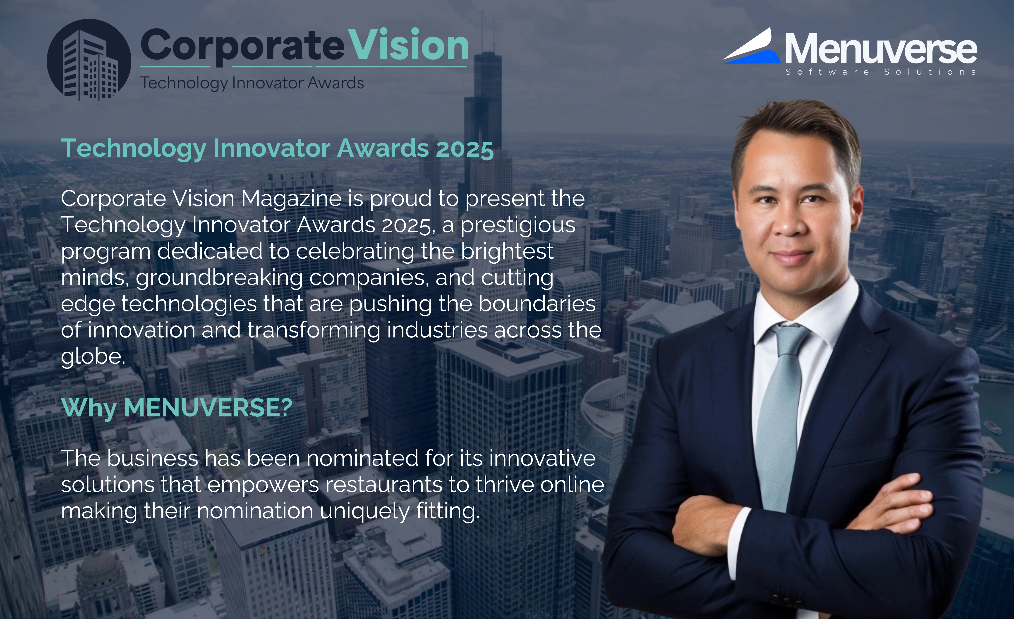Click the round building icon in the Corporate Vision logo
89,60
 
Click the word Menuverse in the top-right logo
881,48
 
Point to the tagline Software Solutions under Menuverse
881,72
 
